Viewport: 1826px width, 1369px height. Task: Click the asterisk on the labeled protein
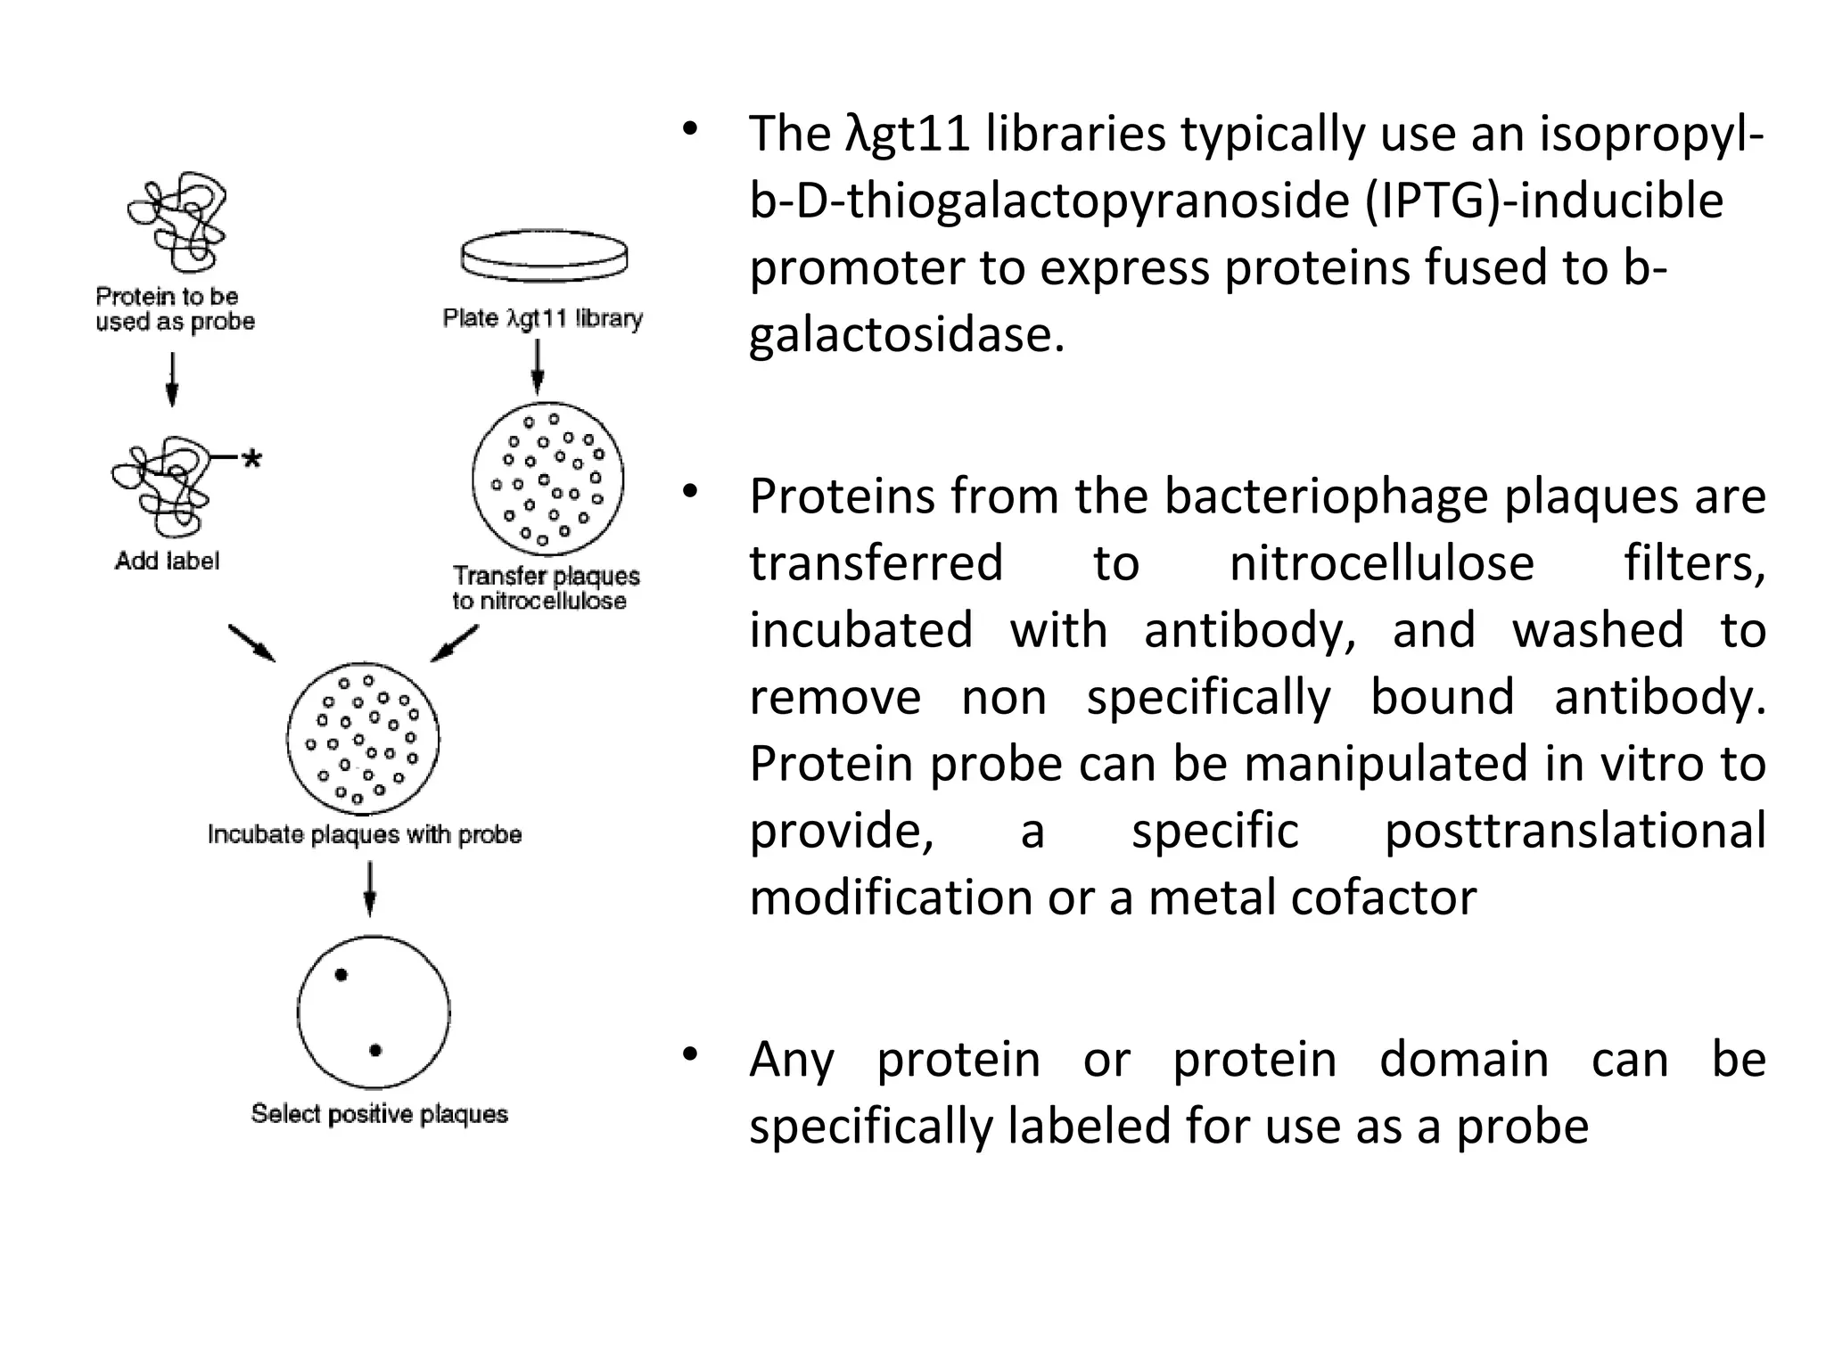(252, 459)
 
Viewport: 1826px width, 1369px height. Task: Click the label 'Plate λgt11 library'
(542, 319)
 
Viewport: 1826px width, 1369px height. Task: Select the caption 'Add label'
(167, 561)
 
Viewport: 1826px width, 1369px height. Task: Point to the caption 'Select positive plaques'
(379, 1114)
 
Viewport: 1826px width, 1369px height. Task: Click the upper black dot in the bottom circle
(341, 975)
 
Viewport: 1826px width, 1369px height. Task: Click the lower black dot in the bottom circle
(375, 1051)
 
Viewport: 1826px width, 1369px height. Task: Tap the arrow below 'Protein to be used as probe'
(173, 380)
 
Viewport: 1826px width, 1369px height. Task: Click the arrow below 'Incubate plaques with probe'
(370, 889)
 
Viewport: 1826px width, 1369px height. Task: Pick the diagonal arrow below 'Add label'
(251, 643)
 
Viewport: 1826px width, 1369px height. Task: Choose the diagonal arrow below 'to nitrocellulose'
(455, 644)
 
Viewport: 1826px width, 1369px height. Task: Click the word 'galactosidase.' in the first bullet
(907, 335)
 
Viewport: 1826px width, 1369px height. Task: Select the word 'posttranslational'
(1575, 831)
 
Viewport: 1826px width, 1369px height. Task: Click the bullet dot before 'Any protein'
(689, 1056)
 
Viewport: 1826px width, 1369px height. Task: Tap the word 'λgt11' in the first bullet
(908, 135)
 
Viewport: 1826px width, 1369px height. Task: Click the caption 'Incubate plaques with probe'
(364, 835)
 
